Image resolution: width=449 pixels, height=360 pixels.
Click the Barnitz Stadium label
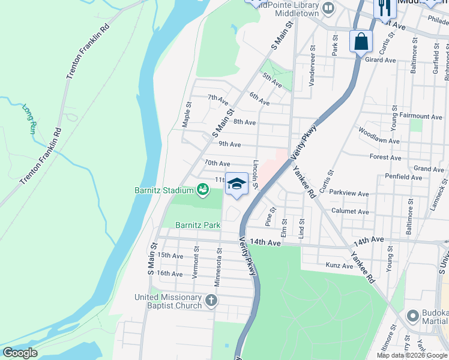(x=164, y=190)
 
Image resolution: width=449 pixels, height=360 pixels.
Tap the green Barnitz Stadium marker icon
(x=203, y=190)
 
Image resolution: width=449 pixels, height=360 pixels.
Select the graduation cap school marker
(x=237, y=184)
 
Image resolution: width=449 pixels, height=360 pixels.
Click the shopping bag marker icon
(x=361, y=42)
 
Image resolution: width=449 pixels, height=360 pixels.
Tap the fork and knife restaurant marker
(x=382, y=8)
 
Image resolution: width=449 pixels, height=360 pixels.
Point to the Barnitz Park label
(x=197, y=226)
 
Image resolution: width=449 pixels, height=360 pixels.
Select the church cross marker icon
(x=211, y=300)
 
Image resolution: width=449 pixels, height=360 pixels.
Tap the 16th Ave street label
(x=169, y=274)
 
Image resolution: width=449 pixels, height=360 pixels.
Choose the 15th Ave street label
(x=170, y=256)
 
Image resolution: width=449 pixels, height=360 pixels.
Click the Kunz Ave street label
(x=339, y=265)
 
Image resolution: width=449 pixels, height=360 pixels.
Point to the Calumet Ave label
(x=350, y=212)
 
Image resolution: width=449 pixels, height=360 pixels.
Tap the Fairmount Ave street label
(x=421, y=116)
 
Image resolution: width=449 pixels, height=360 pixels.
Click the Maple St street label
(x=187, y=114)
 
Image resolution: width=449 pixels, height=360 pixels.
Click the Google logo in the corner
(x=20, y=353)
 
